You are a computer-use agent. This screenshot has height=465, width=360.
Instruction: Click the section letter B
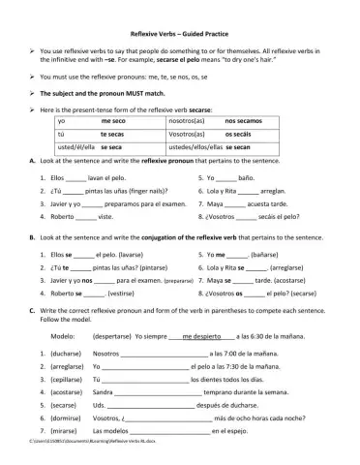point(32,235)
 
